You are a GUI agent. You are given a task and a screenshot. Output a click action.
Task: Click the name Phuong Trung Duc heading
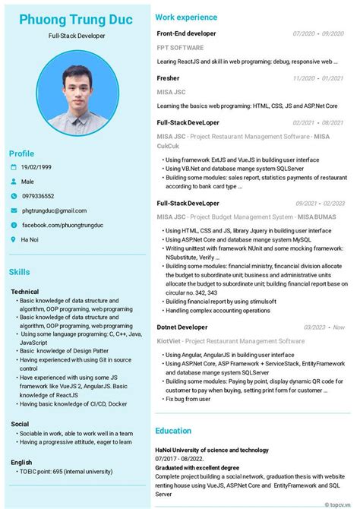pos(76,20)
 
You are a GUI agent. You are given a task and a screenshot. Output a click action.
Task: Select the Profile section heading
pos(21,153)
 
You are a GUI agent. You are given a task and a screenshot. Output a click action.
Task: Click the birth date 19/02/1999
pos(36,167)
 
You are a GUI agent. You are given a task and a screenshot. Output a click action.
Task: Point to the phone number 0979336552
pos(38,196)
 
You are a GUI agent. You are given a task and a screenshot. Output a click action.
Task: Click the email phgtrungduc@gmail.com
pos(54,210)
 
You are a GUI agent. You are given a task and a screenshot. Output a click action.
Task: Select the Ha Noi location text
pos(31,239)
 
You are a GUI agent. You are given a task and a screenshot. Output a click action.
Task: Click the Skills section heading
pos(20,272)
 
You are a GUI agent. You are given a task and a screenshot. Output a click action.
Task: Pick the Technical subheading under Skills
pos(25,292)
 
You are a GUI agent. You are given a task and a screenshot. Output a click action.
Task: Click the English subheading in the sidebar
pos(21,462)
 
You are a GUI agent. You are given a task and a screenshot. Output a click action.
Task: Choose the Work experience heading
pos(186,17)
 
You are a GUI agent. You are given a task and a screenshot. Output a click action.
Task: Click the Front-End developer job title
pos(186,33)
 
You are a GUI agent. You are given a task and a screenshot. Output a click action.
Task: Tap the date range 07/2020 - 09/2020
pos(318,33)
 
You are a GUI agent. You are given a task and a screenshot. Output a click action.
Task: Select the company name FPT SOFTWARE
pos(180,47)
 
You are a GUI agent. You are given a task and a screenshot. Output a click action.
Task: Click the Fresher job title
pos(168,77)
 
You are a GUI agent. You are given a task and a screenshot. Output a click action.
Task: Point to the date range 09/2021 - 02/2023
pos(320,204)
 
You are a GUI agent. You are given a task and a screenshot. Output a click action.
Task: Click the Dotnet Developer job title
pos(182,327)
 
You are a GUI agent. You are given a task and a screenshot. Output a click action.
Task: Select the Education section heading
pos(173,431)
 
